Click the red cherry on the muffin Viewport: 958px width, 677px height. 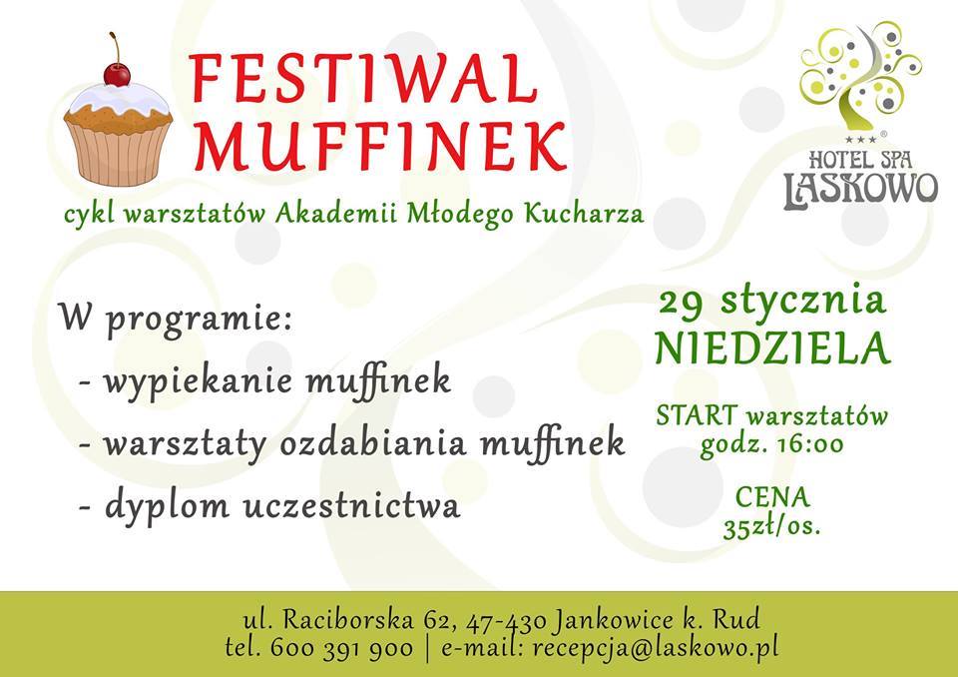coord(117,74)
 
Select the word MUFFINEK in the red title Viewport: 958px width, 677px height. coord(381,146)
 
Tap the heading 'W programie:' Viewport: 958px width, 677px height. coord(176,320)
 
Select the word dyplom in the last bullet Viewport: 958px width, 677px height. coord(168,507)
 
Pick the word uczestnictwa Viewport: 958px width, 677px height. coord(351,506)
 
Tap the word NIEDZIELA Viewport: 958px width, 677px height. coord(772,348)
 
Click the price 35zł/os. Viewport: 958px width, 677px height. coord(771,527)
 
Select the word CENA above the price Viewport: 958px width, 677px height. coord(772,497)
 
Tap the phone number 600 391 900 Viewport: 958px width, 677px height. coord(341,648)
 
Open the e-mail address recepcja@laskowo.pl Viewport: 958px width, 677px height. coord(656,648)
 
